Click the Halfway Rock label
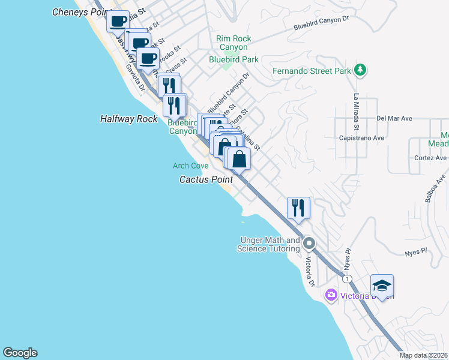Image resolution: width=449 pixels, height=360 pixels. tap(128, 119)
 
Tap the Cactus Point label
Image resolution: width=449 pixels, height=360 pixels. tap(206, 179)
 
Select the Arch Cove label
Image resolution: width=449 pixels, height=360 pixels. tap(190, 166)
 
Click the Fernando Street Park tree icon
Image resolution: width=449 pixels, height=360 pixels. tap(360, 70)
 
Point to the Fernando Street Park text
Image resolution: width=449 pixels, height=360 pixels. tap(311, 71)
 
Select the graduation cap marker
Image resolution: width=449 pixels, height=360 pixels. tap(382, 286)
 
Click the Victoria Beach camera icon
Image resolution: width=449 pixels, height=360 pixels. tap(330, 295)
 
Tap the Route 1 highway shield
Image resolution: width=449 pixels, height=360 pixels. tap(346, 279)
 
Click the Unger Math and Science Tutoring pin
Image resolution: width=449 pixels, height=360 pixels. tap(309, 244)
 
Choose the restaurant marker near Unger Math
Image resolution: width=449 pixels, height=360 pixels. tap(298, 208)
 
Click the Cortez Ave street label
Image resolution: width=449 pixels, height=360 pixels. tap(430, 158)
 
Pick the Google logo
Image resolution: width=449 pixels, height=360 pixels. tap(20, 353)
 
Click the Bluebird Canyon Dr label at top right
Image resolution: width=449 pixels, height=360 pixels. tap(321, 23)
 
